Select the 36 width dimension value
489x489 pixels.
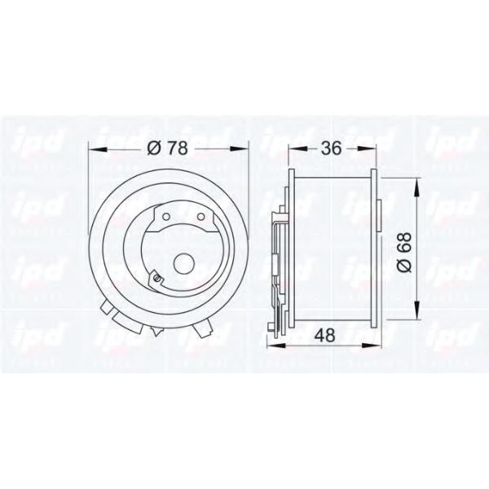coord(332,148)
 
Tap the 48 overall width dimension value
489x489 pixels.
coord(324,335)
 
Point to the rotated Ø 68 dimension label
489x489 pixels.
coord(404,252)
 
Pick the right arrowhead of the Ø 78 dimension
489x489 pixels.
coord(240,149)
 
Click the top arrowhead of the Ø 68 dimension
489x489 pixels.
coord(417,187)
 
